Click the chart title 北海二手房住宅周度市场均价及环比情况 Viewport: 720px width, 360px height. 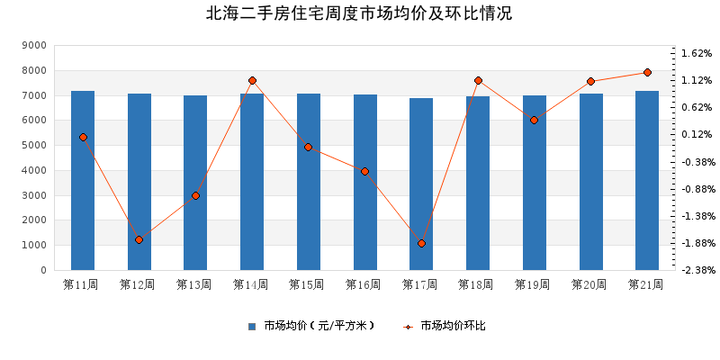tap(359, 13)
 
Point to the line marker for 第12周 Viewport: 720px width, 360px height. tap(139, 239)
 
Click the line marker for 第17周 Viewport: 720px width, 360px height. tap(421, 243)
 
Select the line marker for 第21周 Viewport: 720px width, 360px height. tap(647, 72)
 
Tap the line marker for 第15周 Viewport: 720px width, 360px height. tap(308, 147)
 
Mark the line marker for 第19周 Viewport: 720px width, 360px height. tap(534, 120)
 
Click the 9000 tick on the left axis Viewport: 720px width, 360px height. tap(33, 45)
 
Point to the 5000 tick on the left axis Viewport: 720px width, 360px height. tap(33, 145)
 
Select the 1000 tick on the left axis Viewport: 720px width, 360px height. tap(33, 245)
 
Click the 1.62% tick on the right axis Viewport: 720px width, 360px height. tap(697, 53)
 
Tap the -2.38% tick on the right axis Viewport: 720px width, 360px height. tap(697, 270)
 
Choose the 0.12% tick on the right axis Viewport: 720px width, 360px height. tap(697, 134)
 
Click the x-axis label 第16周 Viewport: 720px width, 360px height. tap(364, 284)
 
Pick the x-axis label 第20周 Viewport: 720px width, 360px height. tap(590, 284)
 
